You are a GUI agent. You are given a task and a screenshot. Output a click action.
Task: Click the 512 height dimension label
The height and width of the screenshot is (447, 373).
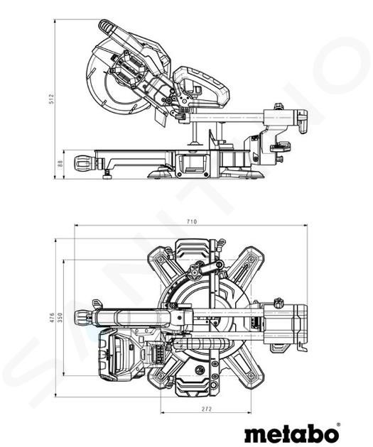click(x=52, y=99)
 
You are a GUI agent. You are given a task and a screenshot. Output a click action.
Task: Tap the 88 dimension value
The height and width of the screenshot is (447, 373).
click(x=60, y=164)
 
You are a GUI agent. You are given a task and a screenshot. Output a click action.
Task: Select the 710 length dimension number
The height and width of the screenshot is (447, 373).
click(x=192, y=221)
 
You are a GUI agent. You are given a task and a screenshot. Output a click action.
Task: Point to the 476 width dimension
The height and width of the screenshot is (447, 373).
click(x=52, y=317)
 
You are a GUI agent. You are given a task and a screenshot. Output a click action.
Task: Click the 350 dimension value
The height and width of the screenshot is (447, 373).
click(x=60, y=317)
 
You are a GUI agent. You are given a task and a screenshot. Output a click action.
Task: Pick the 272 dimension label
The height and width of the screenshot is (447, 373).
click(x=207, y=409)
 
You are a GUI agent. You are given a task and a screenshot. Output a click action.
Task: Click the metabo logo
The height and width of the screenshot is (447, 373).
click(x=291, y=434)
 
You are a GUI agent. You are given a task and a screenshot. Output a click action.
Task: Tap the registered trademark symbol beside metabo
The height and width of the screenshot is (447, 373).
click(x=338, y=424)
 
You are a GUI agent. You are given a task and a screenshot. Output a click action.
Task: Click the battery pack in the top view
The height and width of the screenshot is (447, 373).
click(x=121, y=355)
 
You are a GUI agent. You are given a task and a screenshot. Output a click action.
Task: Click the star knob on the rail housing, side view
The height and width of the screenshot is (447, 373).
click(x=279, y=106)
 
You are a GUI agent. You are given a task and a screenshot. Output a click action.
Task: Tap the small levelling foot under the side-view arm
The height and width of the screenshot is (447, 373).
click(x=107, y=174)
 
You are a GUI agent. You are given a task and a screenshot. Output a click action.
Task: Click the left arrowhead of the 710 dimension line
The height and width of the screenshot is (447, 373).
click(x=76, y=225)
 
